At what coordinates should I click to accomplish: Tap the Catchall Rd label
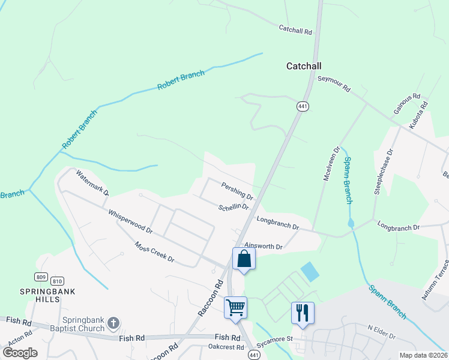(x=296, y=29)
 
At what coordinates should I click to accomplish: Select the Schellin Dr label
(x=234, y=206)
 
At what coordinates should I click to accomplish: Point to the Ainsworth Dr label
(x=264, y=246)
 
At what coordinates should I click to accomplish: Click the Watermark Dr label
(x=92, y=184)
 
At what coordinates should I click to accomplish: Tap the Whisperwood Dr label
(x=130, y=221)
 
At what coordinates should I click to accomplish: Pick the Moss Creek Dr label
(x=154, y=253)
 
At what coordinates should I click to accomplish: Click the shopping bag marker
(x=244, y=259)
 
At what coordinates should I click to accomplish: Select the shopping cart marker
(x=235, y=308)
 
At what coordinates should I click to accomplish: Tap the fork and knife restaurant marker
(x=302, y=312)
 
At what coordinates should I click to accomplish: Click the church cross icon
(x=112, y=325)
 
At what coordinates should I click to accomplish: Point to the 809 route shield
(x=41, y=277)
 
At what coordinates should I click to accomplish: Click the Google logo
(x=20, y=353)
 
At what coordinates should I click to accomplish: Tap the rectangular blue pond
(x=310, y=272)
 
